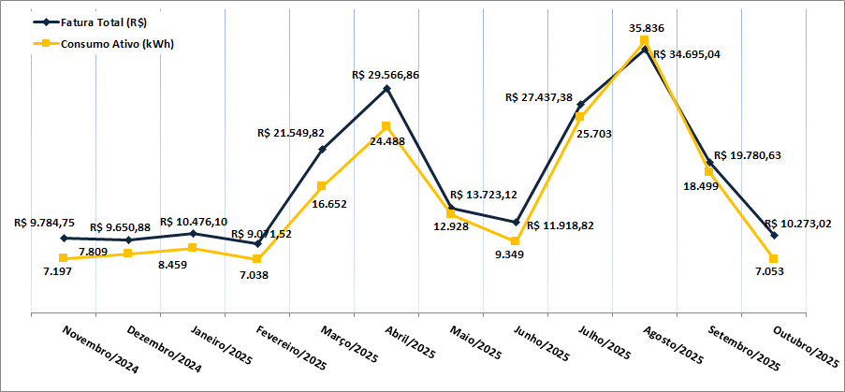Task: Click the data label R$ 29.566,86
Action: [x=386, y=74]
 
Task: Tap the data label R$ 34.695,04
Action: [x=689, y=54]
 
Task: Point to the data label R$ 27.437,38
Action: [x=539, y=96]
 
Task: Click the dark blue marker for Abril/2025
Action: [x=386, y=89]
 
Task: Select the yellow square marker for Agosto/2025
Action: [x=645, y=40]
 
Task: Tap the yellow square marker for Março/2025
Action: [x=322, y=185]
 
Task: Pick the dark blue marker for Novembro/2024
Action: [x=63, y=239]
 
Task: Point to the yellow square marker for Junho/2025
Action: [x=516, y=241]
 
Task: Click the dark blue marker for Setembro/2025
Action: [x=710, y=163]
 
